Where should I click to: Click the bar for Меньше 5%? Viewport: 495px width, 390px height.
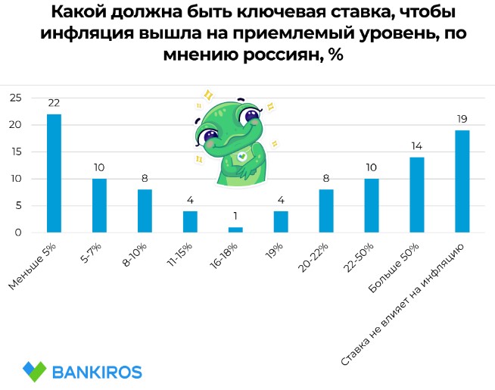(54, 173)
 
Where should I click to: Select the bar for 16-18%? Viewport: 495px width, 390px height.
(235, 229)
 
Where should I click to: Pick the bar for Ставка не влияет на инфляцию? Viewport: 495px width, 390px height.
(462, 181)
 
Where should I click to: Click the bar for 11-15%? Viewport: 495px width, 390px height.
(190, 221)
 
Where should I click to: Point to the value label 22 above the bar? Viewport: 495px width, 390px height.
(54, 103)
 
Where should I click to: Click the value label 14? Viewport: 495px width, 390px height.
(416, 146)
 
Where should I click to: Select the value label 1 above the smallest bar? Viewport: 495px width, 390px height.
(235, 217)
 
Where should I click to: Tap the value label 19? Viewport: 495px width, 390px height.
(462, 119)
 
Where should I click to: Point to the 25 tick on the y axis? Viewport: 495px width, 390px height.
(15, 98)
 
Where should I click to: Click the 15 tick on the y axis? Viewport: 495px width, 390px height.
(15, 151)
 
